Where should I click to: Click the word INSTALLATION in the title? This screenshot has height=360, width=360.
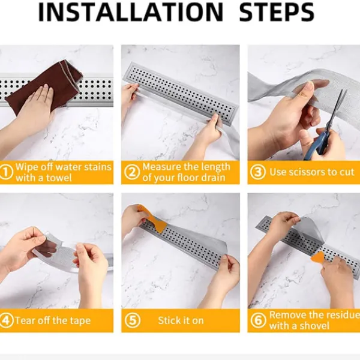coord(131,12)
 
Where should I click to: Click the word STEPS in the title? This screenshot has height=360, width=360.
coord(277,12)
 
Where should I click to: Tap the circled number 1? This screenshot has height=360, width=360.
coord(6,172)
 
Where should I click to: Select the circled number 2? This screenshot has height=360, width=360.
coord(132,172)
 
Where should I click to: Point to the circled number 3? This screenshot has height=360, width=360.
coord(258,172)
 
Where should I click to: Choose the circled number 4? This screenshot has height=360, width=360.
coord(5,320)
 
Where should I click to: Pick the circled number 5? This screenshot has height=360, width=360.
coord(133,320)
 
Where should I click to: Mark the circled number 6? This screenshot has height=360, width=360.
coord(258,320)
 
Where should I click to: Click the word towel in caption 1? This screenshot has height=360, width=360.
coord(59,178)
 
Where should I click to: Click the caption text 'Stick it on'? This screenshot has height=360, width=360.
coord(181,320)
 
